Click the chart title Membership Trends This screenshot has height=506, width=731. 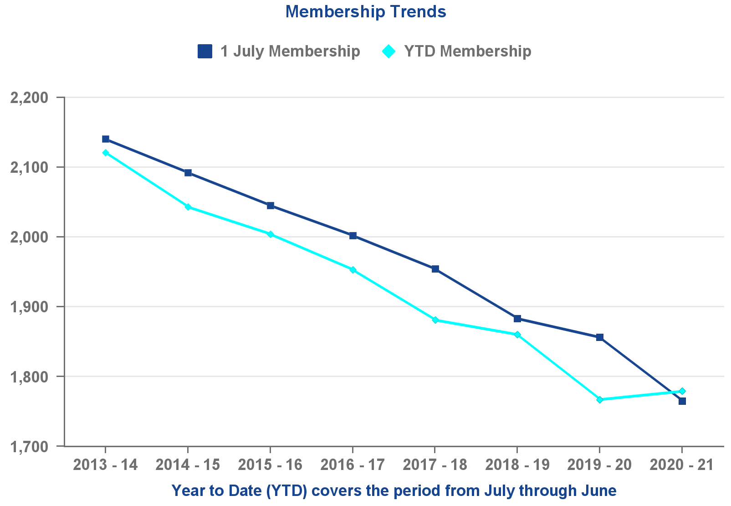[366, 11]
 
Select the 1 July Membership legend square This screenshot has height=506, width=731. [205, 51]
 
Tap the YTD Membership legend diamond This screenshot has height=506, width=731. [389, 51]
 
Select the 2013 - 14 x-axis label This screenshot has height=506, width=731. [105, 465]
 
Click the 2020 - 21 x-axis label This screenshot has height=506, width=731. [681, 465]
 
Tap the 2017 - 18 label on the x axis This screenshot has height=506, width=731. [435, 465]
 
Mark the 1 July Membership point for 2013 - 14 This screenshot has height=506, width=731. [106, 139]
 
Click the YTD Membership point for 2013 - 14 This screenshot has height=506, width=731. [106, 153]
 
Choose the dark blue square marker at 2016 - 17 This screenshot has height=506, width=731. [353, 236]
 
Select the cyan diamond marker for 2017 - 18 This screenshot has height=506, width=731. [435, 320]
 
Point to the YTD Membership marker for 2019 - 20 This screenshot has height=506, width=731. [600, 400]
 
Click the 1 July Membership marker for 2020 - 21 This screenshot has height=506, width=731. [682, 401]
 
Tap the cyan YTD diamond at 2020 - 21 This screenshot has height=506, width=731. [682, 391]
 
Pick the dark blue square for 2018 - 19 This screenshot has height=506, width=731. [517, 319]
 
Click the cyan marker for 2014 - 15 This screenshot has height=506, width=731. [188, 207]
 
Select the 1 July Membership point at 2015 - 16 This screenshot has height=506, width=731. [271, 206]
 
